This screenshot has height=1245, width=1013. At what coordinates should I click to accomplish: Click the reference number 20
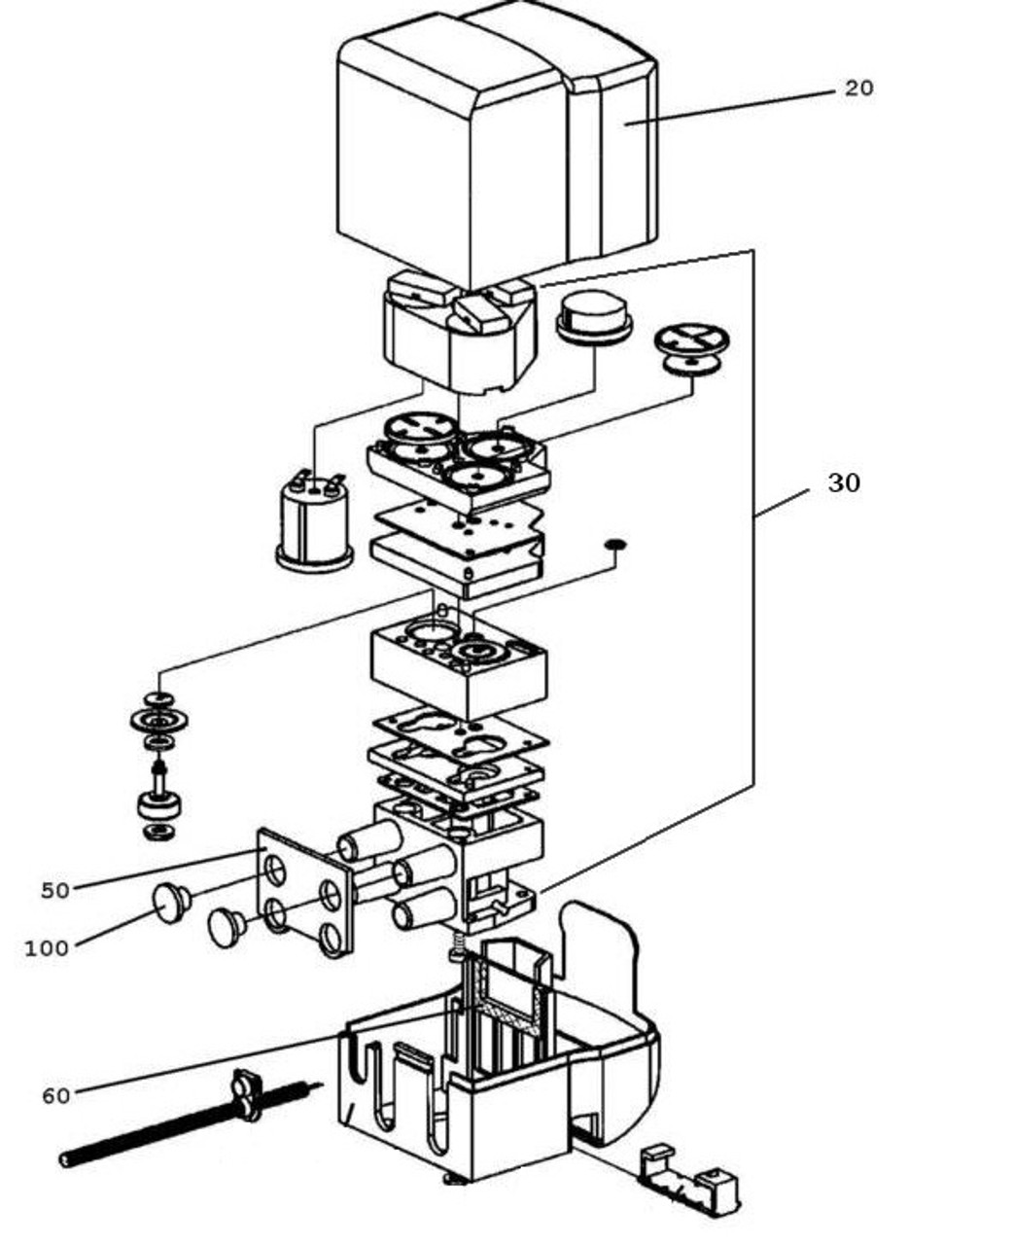858,89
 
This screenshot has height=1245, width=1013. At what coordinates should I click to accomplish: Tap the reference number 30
843,482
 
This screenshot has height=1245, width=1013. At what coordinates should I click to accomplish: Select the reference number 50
55,890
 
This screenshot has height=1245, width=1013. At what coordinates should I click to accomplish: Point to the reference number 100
47,948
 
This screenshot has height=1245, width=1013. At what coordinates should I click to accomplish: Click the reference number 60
55,1096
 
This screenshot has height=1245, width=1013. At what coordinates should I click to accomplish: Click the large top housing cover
496,146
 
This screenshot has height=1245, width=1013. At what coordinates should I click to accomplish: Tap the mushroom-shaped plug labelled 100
171,902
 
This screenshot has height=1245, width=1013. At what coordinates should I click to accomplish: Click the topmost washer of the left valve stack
158,698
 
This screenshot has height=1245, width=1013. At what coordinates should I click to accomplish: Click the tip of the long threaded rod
65,1158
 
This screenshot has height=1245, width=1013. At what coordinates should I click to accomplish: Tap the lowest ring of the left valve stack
157,832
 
